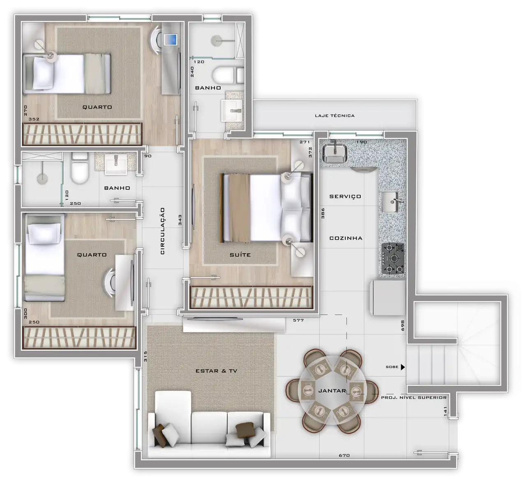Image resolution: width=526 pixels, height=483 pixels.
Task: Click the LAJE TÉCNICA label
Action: coord(335,116)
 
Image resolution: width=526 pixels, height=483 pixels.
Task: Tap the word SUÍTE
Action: coord(240,255)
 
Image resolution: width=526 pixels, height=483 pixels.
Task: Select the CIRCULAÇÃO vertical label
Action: coord(163,231)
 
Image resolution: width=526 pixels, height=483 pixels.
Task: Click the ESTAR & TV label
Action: coord(216,371)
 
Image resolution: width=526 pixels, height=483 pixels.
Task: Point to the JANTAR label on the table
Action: coord(332,391)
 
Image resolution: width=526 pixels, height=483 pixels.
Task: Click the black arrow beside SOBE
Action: coord(403,367)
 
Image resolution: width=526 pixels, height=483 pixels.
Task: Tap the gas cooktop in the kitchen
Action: coord(392,259)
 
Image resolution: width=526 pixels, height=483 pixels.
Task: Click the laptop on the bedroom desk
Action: coord(171,39)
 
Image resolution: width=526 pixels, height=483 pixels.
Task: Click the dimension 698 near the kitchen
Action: coord(403,325)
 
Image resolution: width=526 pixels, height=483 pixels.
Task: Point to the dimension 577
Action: coord(298,320)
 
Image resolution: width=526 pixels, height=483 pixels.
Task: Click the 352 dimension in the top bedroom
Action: coord(34,119)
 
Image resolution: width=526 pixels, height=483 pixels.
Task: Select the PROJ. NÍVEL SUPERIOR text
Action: coord(414,397)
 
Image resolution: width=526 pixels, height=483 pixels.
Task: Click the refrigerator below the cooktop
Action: coord(388,298)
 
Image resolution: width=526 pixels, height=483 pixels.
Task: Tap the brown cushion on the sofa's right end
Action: coord(245,430)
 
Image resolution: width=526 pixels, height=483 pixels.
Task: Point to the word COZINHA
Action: coord(346,238)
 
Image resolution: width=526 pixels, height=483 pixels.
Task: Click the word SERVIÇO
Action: coord(345,196)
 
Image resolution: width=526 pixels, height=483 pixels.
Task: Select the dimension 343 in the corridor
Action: coord(180,220)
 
